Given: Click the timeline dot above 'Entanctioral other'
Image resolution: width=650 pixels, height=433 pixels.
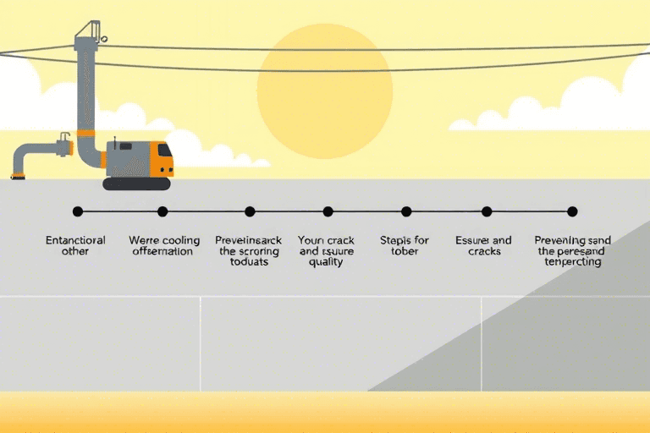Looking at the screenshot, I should (x=78, y=211).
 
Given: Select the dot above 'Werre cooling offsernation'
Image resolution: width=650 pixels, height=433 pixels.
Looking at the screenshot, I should (x=162, y=211).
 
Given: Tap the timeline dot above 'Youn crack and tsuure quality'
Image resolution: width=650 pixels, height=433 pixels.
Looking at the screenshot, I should (x=328, y=211).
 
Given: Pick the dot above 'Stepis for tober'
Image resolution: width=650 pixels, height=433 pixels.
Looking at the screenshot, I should (x=406, y=211).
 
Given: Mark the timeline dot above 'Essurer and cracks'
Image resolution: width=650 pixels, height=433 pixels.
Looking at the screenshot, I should (x=487, y=211).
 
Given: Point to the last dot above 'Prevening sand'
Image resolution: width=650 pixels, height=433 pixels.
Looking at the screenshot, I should (x=572, y=211).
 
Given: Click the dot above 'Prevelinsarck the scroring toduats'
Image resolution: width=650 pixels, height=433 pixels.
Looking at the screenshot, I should (x=250, y=211).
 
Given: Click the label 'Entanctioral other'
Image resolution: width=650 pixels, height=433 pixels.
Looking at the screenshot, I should (x=76, y=246).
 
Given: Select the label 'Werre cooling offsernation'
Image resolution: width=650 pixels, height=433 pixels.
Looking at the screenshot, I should (x=162, y=246).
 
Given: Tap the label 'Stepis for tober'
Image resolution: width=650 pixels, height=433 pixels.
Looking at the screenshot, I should (x=405, y=246).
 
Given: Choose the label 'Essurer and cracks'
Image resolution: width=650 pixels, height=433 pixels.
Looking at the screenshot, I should (x=483, y=246).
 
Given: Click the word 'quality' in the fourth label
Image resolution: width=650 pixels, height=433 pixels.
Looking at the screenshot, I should (x=326, y=262).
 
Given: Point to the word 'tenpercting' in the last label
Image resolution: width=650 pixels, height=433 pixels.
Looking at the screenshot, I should (x=573, y=262).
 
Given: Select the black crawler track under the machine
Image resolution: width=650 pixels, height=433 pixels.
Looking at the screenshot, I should (x=136, y=183).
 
